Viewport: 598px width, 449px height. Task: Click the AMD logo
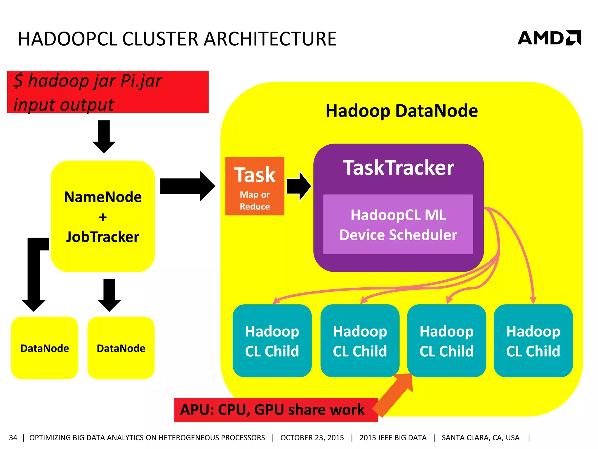tap(549, 38)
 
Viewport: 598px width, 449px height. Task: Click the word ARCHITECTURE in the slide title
tap(270, 39)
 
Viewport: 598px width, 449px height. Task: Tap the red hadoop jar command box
tap(108, 92)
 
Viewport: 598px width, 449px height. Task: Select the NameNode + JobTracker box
tap(103, 216)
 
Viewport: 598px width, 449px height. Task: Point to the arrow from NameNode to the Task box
tap(187, 186)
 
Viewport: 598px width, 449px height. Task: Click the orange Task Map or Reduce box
tap(255, 186)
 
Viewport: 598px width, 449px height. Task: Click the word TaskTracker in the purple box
tap(398, 168)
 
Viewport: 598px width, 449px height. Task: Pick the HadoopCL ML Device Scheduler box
tap(398, 224)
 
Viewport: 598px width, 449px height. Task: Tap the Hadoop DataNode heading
tap(401, 111)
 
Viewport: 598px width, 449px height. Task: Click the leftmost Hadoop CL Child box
tap(272, 341)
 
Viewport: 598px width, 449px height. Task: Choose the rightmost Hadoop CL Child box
tap(533, 341)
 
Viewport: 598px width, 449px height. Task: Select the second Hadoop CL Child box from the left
tap(360, 341)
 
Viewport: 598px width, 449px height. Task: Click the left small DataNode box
tap(45, 348)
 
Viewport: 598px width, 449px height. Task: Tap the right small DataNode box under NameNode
tap(121, 348)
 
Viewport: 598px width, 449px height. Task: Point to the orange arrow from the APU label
tap(394, 395)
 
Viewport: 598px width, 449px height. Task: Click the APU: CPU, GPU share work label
tap(272, 410)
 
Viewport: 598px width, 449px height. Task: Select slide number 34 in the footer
tap(13, 438)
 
